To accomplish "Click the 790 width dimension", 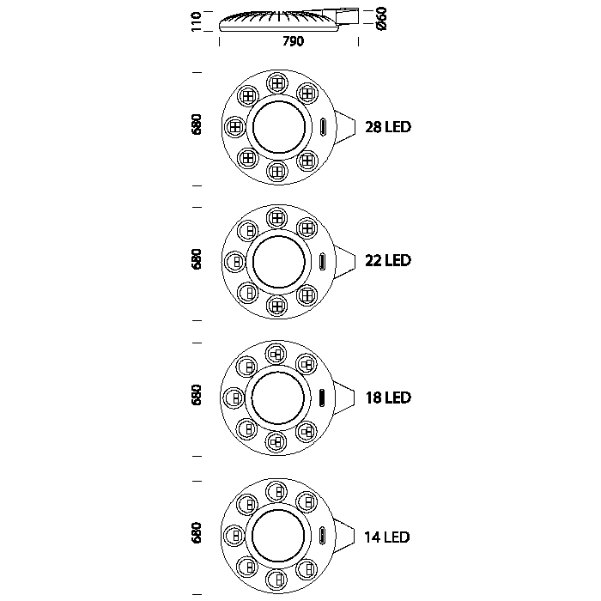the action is coord(294,41).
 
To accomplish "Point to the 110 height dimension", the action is coord(197,21).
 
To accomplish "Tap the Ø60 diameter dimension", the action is coord(382,18).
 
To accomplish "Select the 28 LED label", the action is coord(388,127).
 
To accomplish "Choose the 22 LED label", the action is coord(388,261).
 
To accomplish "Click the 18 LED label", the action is coord(388,398).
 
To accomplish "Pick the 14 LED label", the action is coord(387,537).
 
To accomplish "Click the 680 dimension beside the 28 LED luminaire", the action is coord(197,124).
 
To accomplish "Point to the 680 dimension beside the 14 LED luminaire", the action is coord(197,532).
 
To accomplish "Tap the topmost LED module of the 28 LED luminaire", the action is coord(277,82).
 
